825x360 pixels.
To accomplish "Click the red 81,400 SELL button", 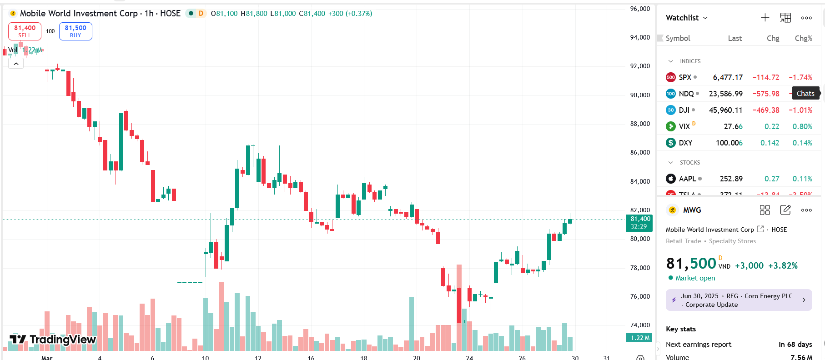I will pyautogui.click(x=25, y=31).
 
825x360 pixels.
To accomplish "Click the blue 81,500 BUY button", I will pyautogui.click(x=75, y=31).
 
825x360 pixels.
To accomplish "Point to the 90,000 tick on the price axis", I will pyautogui.click(x=640, y=95).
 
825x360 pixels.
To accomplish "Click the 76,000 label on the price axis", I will pyautogui.click(x=640, y=296).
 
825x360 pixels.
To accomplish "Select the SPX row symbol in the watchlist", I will pyautogui.click(x=685, y=77).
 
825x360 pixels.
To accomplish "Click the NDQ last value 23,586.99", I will pyautogui.click(x=725, y=94).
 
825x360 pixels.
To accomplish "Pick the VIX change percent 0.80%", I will pyautogui.click(x=802, y=126).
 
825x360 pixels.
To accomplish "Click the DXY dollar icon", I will pyautogui.click(x=670, y=143).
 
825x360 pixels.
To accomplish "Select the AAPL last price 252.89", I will pyautogui.click(x=731, y=179).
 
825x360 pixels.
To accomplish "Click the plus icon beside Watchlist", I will pyautogui.click(x=765, y=18).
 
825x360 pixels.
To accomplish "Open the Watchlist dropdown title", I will pyautogui.click(x=687, y=18).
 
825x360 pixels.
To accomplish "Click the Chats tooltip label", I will pyautogui.click(x=805, y=94).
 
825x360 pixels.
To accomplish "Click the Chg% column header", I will pyautogui.click(x=803, y=38).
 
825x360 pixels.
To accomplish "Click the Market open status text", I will pyautogui.click(x=695, y=278).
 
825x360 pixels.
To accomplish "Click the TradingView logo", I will pyautogui.click(x=53, y=339).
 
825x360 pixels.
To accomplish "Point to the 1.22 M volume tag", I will pyautogui.click(x=639, y=338).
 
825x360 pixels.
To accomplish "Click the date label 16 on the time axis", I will pyautogui.click(x=311, y=357).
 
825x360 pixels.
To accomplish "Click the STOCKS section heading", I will pyautogui.click(x=689, y=162).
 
